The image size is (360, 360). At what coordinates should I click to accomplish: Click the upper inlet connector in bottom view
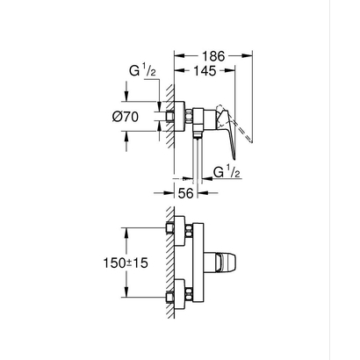click(x=184, y=232)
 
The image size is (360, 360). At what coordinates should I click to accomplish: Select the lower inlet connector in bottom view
click(x=184, y=290)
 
